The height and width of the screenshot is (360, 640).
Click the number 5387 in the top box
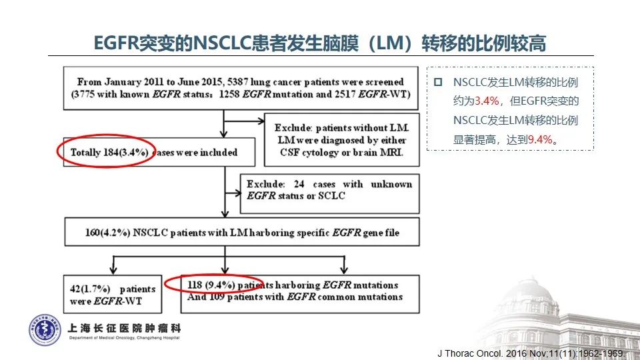pos(237,81)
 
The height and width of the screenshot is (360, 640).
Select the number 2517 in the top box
pos(345,94)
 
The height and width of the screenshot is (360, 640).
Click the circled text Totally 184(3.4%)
pos(109,152)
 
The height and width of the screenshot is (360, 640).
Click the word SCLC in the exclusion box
pos(331,196)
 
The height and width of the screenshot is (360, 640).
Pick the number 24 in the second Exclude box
pos(299,184)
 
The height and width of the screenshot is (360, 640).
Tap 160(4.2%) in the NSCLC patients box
pos(108,233)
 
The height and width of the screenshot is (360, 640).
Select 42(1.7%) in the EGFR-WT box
pos(90,289)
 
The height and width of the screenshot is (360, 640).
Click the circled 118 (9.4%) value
pos(211,285)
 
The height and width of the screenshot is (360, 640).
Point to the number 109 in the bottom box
pos(217,297)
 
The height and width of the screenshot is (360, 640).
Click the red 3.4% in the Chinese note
pos(487,101)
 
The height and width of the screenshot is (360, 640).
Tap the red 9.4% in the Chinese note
pos(541,139)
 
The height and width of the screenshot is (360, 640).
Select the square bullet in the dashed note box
pos(438,82)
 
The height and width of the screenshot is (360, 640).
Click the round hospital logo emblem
pos(45,330)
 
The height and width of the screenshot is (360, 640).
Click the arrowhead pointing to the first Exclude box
pos(260,121)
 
